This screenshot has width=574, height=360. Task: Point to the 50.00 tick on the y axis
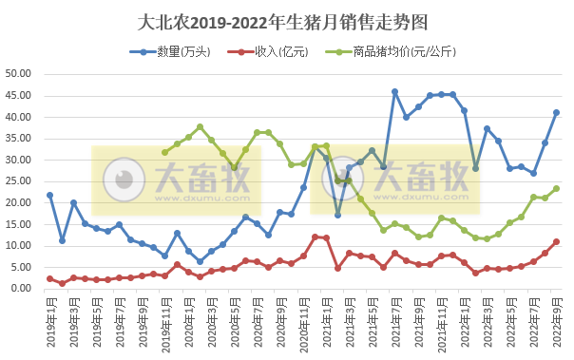(x=19, y=74)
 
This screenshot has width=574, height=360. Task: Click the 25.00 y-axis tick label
(x=19, y=181)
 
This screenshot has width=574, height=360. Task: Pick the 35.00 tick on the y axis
(x=19, y=139)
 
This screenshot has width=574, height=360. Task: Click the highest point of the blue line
(x=395, y=92)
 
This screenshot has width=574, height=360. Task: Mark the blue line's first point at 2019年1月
(x=50, y=195)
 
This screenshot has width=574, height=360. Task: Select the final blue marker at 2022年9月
(x=556, y=112)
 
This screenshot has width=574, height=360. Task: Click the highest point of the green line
(x=200, y=126)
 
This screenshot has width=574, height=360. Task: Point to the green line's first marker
(x=165, y=152)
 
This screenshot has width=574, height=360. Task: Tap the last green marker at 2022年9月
(x=556, y=188)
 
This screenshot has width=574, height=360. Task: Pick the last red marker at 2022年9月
(x=556, y=241)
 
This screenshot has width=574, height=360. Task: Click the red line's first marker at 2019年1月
(x=50, y=278)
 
